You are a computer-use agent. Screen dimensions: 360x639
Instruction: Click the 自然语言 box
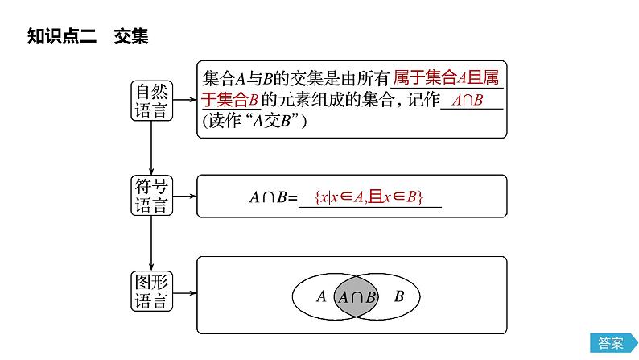[151, 101]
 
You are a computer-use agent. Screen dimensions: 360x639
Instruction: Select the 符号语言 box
[151, 196]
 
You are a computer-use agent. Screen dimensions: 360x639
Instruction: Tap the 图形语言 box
[151, 292]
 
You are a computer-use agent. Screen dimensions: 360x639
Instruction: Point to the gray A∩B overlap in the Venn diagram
[357, 296]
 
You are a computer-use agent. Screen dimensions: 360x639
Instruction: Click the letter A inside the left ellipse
[321, 296]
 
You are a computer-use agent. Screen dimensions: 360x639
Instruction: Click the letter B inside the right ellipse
[398, 296]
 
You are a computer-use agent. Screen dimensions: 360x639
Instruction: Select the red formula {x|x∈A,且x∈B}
[370, 197]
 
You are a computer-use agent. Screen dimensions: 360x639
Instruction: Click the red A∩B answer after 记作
[467, 100]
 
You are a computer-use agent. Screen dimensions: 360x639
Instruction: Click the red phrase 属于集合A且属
[447, 79]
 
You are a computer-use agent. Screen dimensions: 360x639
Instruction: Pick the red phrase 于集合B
[229, 100]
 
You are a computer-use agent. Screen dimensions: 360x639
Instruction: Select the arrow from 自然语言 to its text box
[184, 100]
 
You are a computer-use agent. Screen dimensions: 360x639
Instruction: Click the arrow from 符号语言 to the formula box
[184, 196]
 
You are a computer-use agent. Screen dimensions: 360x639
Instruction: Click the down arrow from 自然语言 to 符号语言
[151, 148]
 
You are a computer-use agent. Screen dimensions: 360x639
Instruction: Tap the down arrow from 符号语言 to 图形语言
[151, 244]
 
